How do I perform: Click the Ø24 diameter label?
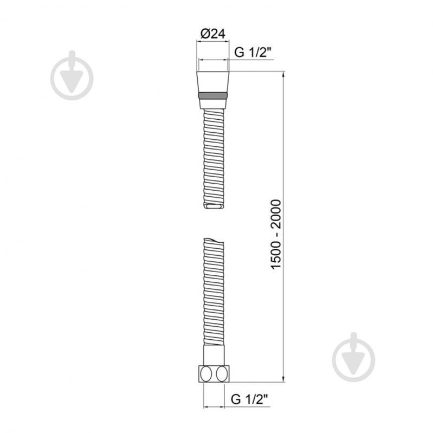pos(213,34)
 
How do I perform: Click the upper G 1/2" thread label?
pos(254,52)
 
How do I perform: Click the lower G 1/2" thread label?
pos(250,399)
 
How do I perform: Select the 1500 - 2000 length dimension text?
pos(276,234)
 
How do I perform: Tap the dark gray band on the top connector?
pos(213,95)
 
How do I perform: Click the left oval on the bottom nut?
pos(206,374)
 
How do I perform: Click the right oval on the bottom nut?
pos(222,374)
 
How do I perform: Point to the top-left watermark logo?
pos(72,75)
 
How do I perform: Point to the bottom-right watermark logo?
pos(353,357)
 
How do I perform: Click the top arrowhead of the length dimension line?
pos(283,75)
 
